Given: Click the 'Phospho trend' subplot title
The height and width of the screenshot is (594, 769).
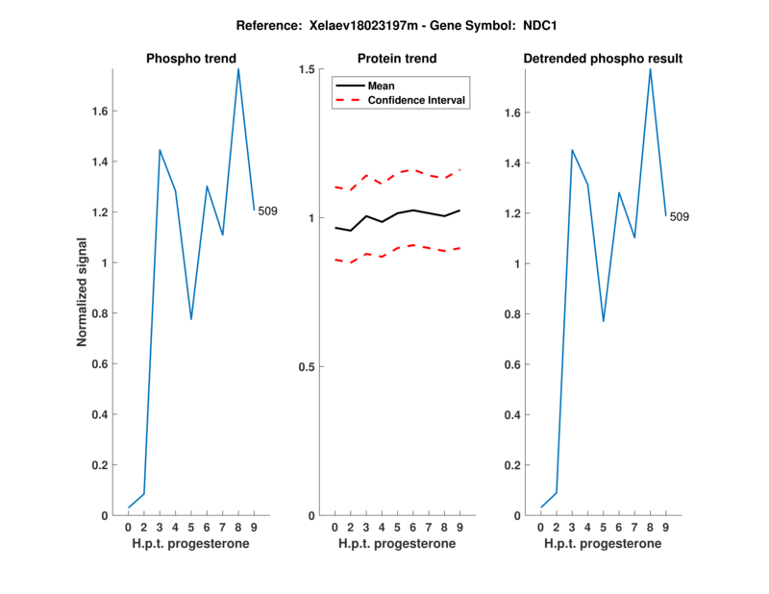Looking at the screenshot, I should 190,59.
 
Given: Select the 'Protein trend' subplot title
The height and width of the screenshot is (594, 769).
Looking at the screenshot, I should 396,59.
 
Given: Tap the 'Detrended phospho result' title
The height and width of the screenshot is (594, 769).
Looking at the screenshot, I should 603,59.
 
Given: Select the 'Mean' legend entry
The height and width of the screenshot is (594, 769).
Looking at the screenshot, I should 382,86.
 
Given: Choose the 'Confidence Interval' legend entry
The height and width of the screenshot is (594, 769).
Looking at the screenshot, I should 417,100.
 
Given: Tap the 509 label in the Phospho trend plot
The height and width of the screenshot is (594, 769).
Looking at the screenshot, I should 267,210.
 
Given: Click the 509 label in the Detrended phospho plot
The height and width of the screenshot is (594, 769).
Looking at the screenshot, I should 679,216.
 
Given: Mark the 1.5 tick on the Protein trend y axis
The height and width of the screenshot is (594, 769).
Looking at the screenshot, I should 307,69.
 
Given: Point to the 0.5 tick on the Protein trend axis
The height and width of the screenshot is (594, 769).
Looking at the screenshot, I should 307,367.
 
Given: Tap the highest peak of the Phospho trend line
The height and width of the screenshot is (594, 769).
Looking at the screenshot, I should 238,68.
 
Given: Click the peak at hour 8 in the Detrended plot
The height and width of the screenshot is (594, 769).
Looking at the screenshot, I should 651,68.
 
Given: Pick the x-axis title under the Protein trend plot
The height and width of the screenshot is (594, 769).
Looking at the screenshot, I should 396,544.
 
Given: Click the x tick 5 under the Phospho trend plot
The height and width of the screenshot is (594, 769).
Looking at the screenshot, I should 191,527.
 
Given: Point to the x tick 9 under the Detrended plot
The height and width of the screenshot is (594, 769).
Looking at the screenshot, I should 666,527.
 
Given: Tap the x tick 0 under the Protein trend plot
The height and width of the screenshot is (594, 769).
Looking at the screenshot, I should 335,527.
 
